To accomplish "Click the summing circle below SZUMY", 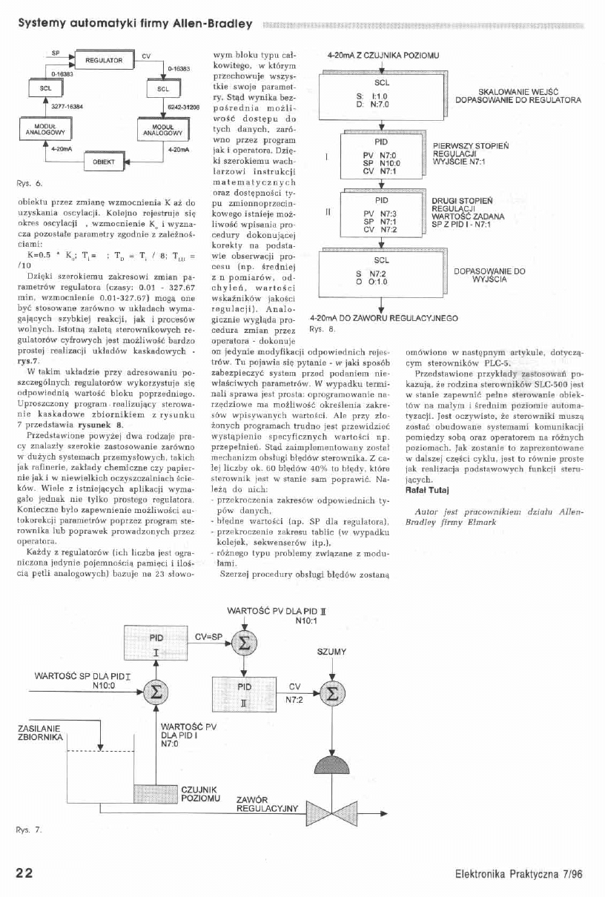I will [x=331, y=695].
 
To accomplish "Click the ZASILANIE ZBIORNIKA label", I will [x=38, y=733].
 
